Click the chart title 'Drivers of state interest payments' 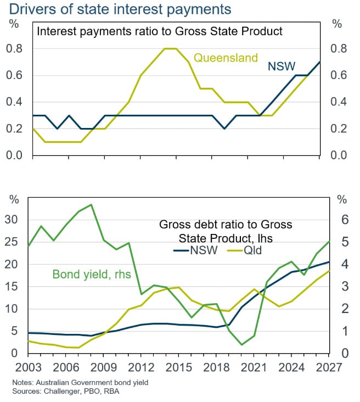click(120, 9)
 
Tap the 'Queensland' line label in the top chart click(226, 58)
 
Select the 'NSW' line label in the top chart click(282, 66)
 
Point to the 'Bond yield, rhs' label click(92, 275)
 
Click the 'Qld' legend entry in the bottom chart click(245, 250)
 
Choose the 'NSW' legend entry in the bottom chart click(195, 250)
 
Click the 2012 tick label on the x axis click(141, 367)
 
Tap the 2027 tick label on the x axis click(329, 367)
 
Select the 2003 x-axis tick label click(28, 367)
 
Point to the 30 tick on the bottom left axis click(11, 220)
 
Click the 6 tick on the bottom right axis click(345, 220)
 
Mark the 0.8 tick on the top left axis click(14, 49)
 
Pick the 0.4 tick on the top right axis click(339, 102)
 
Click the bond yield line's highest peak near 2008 click(91, 205)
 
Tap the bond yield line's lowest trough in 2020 click(241, 344)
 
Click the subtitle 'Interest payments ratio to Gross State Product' click(160, 31)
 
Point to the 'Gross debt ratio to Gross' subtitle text click(226, 225)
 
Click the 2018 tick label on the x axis click(216, 367)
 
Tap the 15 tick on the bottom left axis click(11, 286)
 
